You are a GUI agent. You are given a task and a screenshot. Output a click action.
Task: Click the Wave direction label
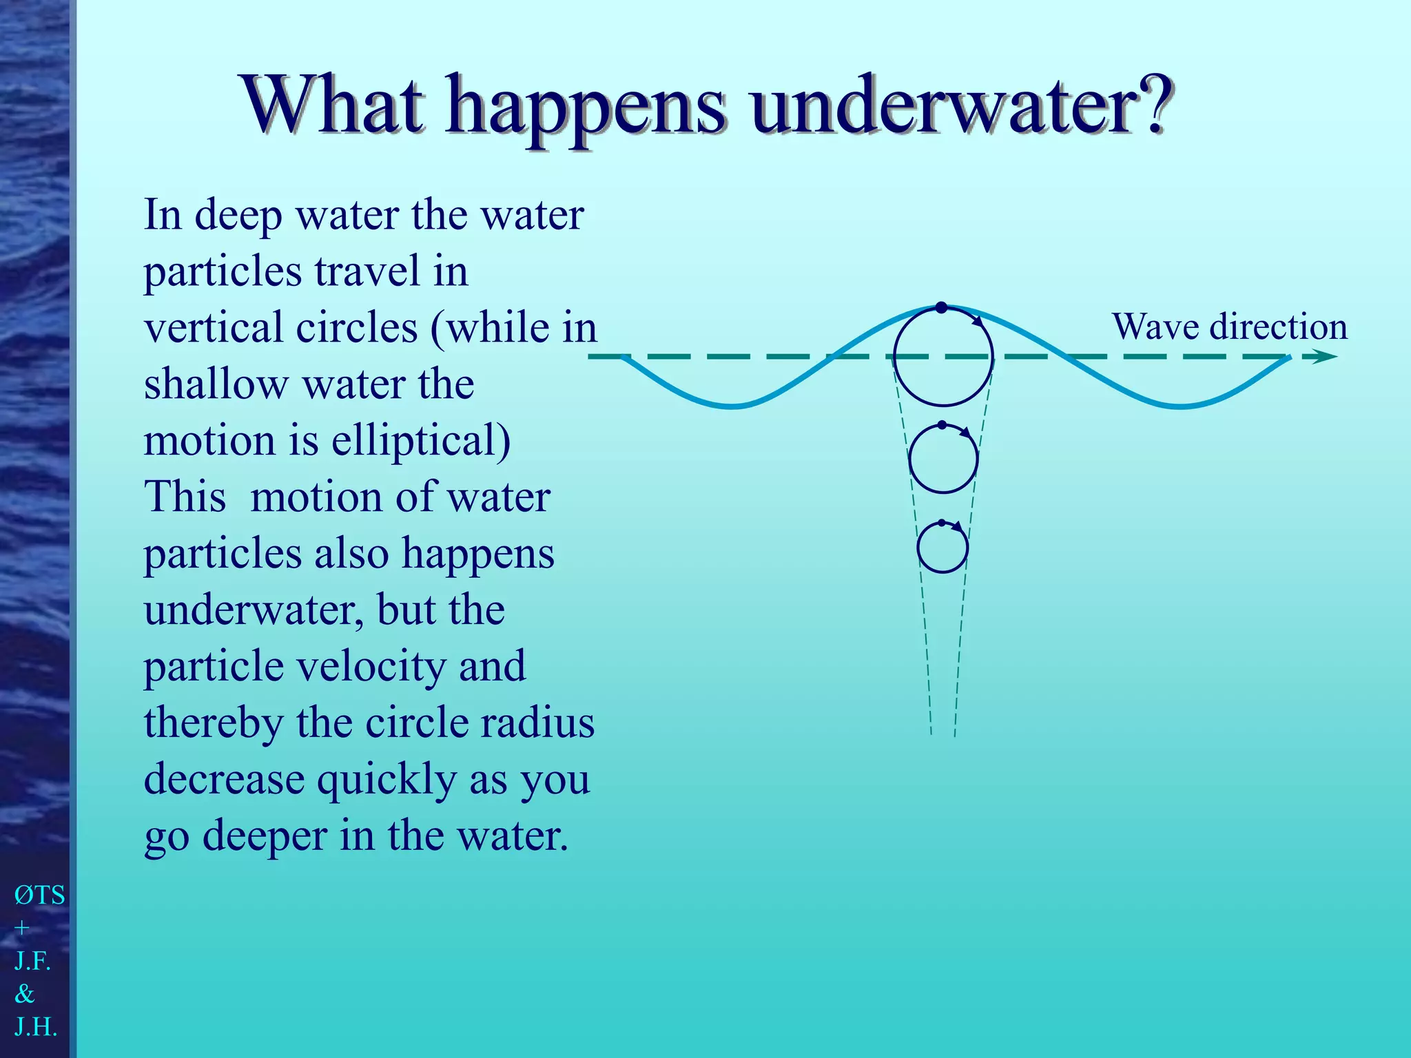(x=1229, y=326)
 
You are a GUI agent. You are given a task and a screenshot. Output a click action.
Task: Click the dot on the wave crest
(x=941, y=308)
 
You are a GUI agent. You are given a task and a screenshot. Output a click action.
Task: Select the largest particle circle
(x=943, y=356)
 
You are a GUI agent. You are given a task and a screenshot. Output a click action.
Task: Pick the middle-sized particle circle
(x=943, y=459)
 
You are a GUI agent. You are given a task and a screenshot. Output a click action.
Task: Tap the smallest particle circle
(x=943, y=548)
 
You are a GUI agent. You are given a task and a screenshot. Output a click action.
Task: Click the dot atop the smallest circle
(x=942, y=523)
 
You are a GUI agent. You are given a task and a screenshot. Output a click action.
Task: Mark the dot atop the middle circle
(x=942, y=425)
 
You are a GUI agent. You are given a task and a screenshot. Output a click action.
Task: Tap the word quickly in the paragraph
(x=387, y=780)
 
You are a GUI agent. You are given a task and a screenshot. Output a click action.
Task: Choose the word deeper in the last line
(x=265, y=836)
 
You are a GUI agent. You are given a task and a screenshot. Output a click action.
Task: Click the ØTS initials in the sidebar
(x=40, y=895)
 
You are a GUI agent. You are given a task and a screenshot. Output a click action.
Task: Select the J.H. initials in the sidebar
(x=36, y=1027)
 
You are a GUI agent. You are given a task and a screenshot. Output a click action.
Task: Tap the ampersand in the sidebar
(x=25, y=994)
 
